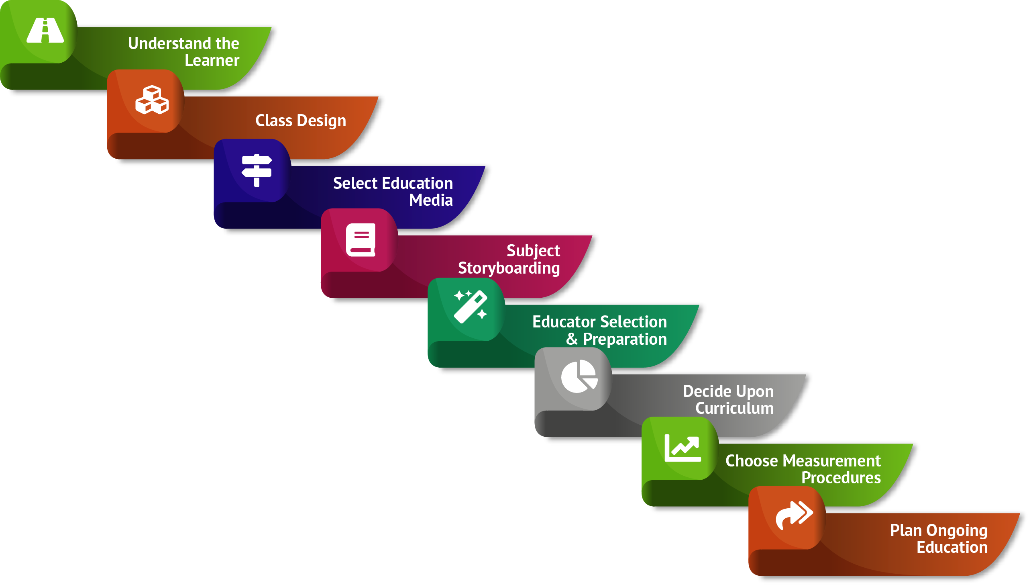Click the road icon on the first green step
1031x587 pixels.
coord(45,30)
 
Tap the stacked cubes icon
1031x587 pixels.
coord(152,100)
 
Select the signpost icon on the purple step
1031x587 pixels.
coord(257,170)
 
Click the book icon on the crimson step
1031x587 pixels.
coord(361,240)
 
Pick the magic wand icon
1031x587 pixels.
coord(471,307)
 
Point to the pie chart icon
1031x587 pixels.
coord(579,376)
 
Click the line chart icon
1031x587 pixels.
coord(683,448)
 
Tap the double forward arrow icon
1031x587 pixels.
coord(794,515)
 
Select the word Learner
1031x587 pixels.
coord(212,61)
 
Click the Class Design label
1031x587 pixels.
coord(301,121)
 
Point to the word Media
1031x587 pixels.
coord(431,200)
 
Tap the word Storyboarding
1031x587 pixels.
coord(509,268)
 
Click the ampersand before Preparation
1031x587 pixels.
coord(571,339)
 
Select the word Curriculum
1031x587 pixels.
coord(735,408)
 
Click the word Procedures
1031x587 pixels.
coord(841,478)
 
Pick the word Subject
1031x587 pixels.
coord(533,251)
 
